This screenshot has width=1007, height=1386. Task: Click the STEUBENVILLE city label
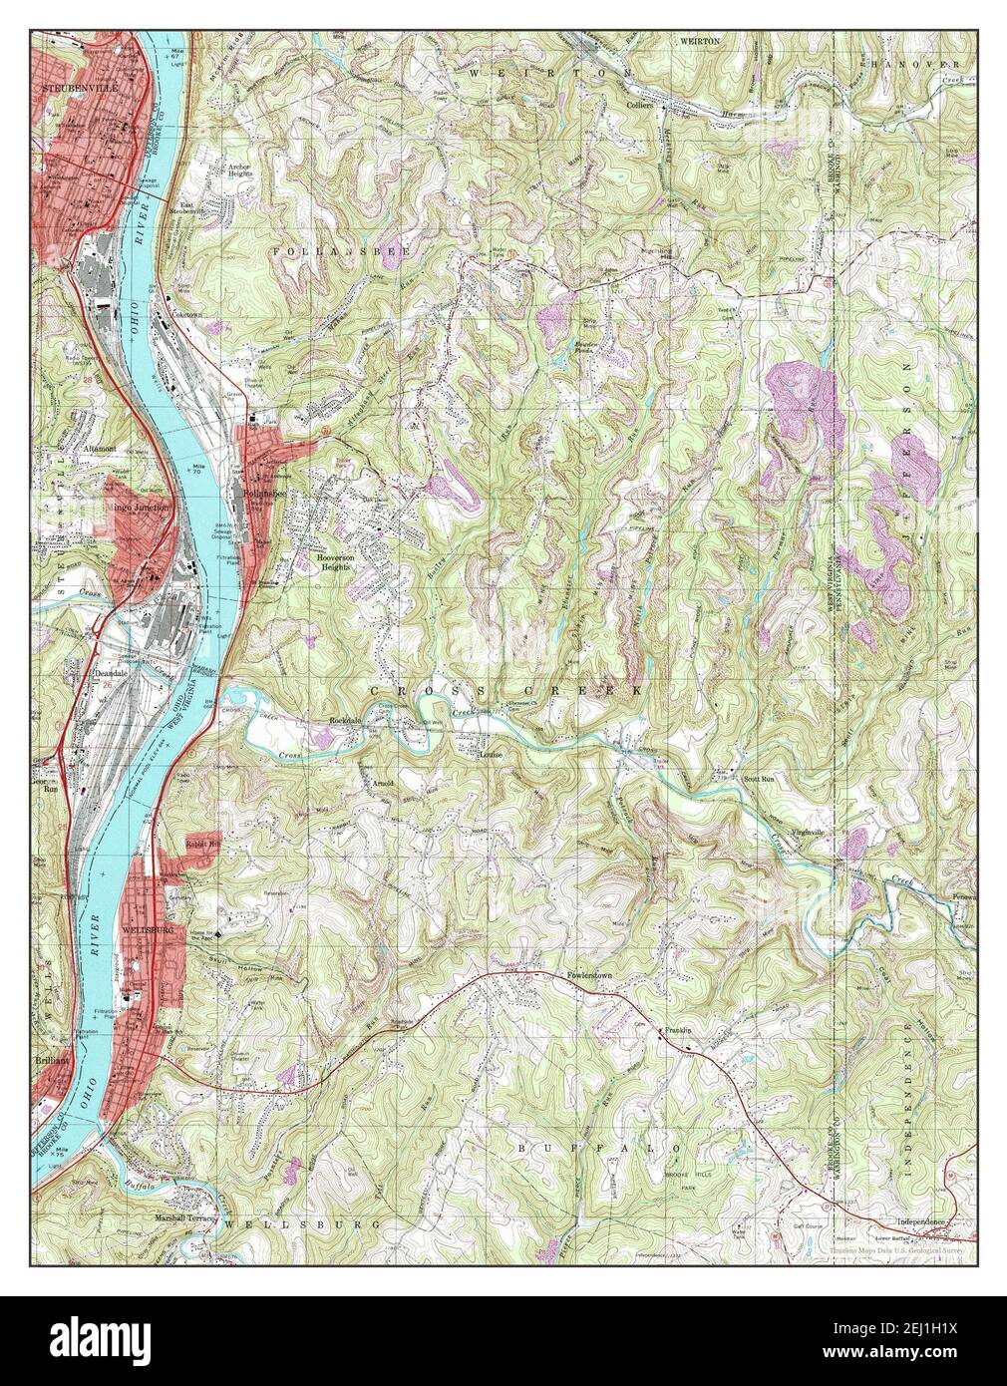click(76, 89)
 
